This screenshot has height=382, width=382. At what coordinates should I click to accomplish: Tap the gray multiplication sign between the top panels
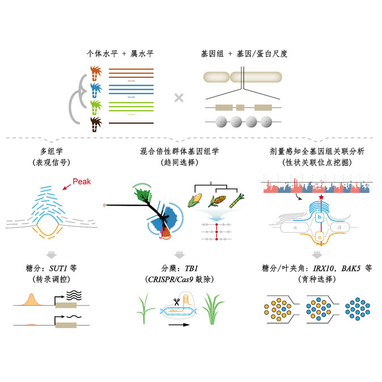point(179,97)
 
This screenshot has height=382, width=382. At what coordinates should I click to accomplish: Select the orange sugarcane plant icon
point(95,73)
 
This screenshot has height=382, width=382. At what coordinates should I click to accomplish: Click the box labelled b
point(320,217)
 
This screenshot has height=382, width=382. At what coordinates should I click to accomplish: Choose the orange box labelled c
point(320,236)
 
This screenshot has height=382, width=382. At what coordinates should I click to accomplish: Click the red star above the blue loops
point(321,198)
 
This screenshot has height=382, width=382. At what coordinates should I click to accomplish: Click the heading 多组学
point(51,152)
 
